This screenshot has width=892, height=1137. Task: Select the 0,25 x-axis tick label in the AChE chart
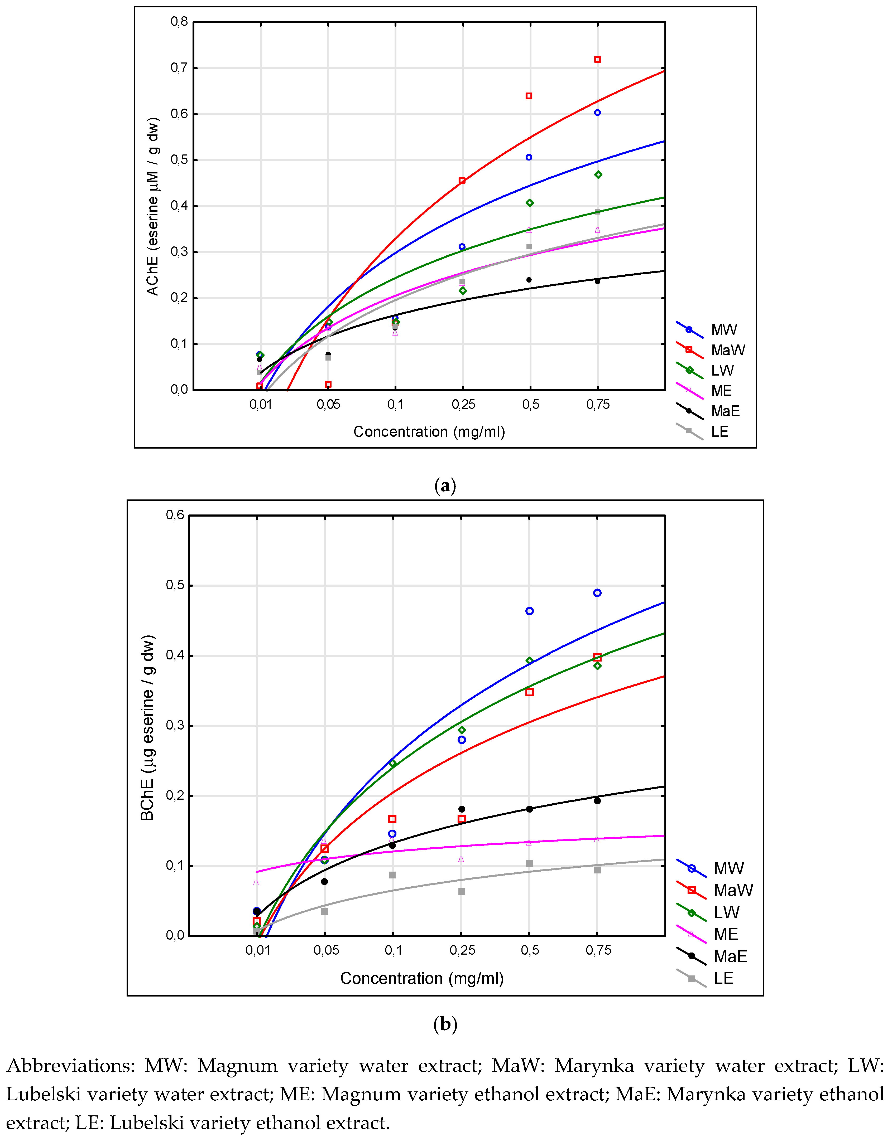point(463,404)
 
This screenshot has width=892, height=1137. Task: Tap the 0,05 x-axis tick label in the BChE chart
point(326,950)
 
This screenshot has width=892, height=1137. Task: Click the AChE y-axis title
point(152,206)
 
